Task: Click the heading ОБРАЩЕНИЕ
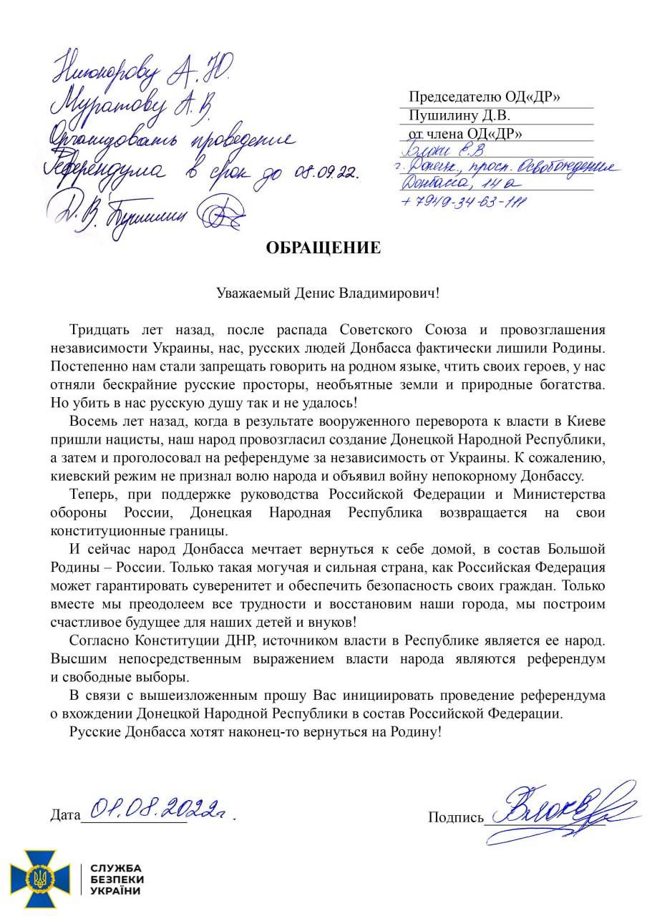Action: [x=323, y=248]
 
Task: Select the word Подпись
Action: [x=456, y=817]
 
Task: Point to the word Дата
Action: [x=66, y=815]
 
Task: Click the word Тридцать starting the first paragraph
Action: [x=96, y=331]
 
